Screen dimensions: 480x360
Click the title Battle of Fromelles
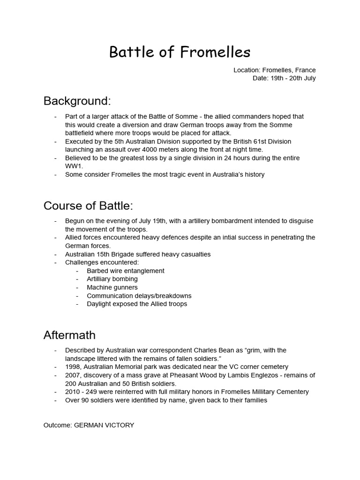[x=180, y=52]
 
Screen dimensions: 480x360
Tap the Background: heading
[x=77, y=101]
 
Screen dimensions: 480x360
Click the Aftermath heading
[x=69, y=335]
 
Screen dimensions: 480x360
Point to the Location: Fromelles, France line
[x=274, y=70]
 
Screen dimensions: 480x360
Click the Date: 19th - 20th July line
[x=284, y=78]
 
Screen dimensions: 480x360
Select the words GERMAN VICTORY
[x=107, y=425]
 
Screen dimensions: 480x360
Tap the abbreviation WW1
[x=74, y=166]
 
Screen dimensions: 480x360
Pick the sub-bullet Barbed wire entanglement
[x=125, y=270]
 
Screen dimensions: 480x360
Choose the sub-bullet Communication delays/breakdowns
[x=139, y=296]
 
